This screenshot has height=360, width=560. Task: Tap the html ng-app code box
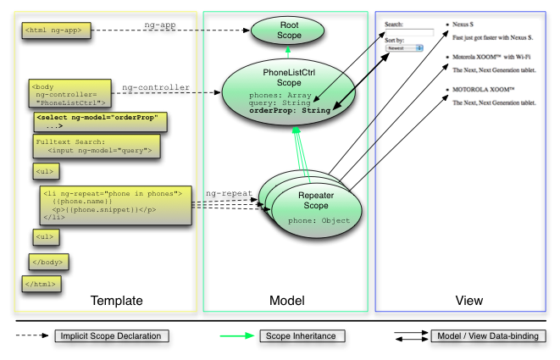[x=53, y=31]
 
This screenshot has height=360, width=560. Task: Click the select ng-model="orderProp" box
[x=101, y=121]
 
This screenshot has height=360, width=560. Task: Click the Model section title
[x=286, y=300]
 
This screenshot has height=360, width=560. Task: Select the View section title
[x=469, y=300]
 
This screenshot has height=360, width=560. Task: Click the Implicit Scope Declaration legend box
[x=111, y=336]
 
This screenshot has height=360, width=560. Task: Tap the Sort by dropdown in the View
[x=404, y=48]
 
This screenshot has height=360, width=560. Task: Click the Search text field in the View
[x=408, y=32]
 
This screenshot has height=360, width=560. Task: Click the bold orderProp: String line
[x=287, y=110]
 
